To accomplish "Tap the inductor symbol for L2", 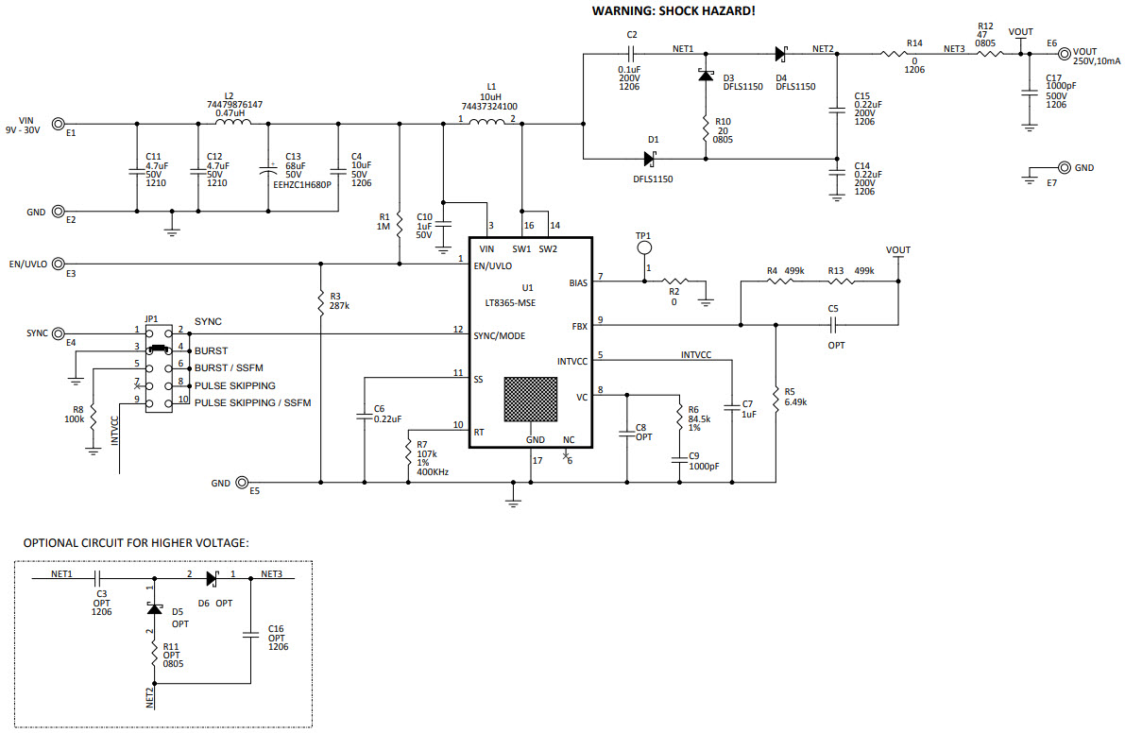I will pos(232,123).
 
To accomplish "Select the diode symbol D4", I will pos(780,54).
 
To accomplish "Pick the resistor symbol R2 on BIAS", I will pos(674,281).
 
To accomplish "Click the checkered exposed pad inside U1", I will pos(530,399).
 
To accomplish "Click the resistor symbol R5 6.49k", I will pos(776,397).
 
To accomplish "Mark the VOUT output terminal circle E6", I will pos(1064,55).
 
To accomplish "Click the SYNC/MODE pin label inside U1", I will pos(500,335).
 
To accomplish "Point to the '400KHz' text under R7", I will pos(432,470).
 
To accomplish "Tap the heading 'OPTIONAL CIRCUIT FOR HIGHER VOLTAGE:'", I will pos(136,543).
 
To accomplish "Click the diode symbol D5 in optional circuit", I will pos(152,610).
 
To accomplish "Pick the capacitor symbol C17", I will pos(1030,92).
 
